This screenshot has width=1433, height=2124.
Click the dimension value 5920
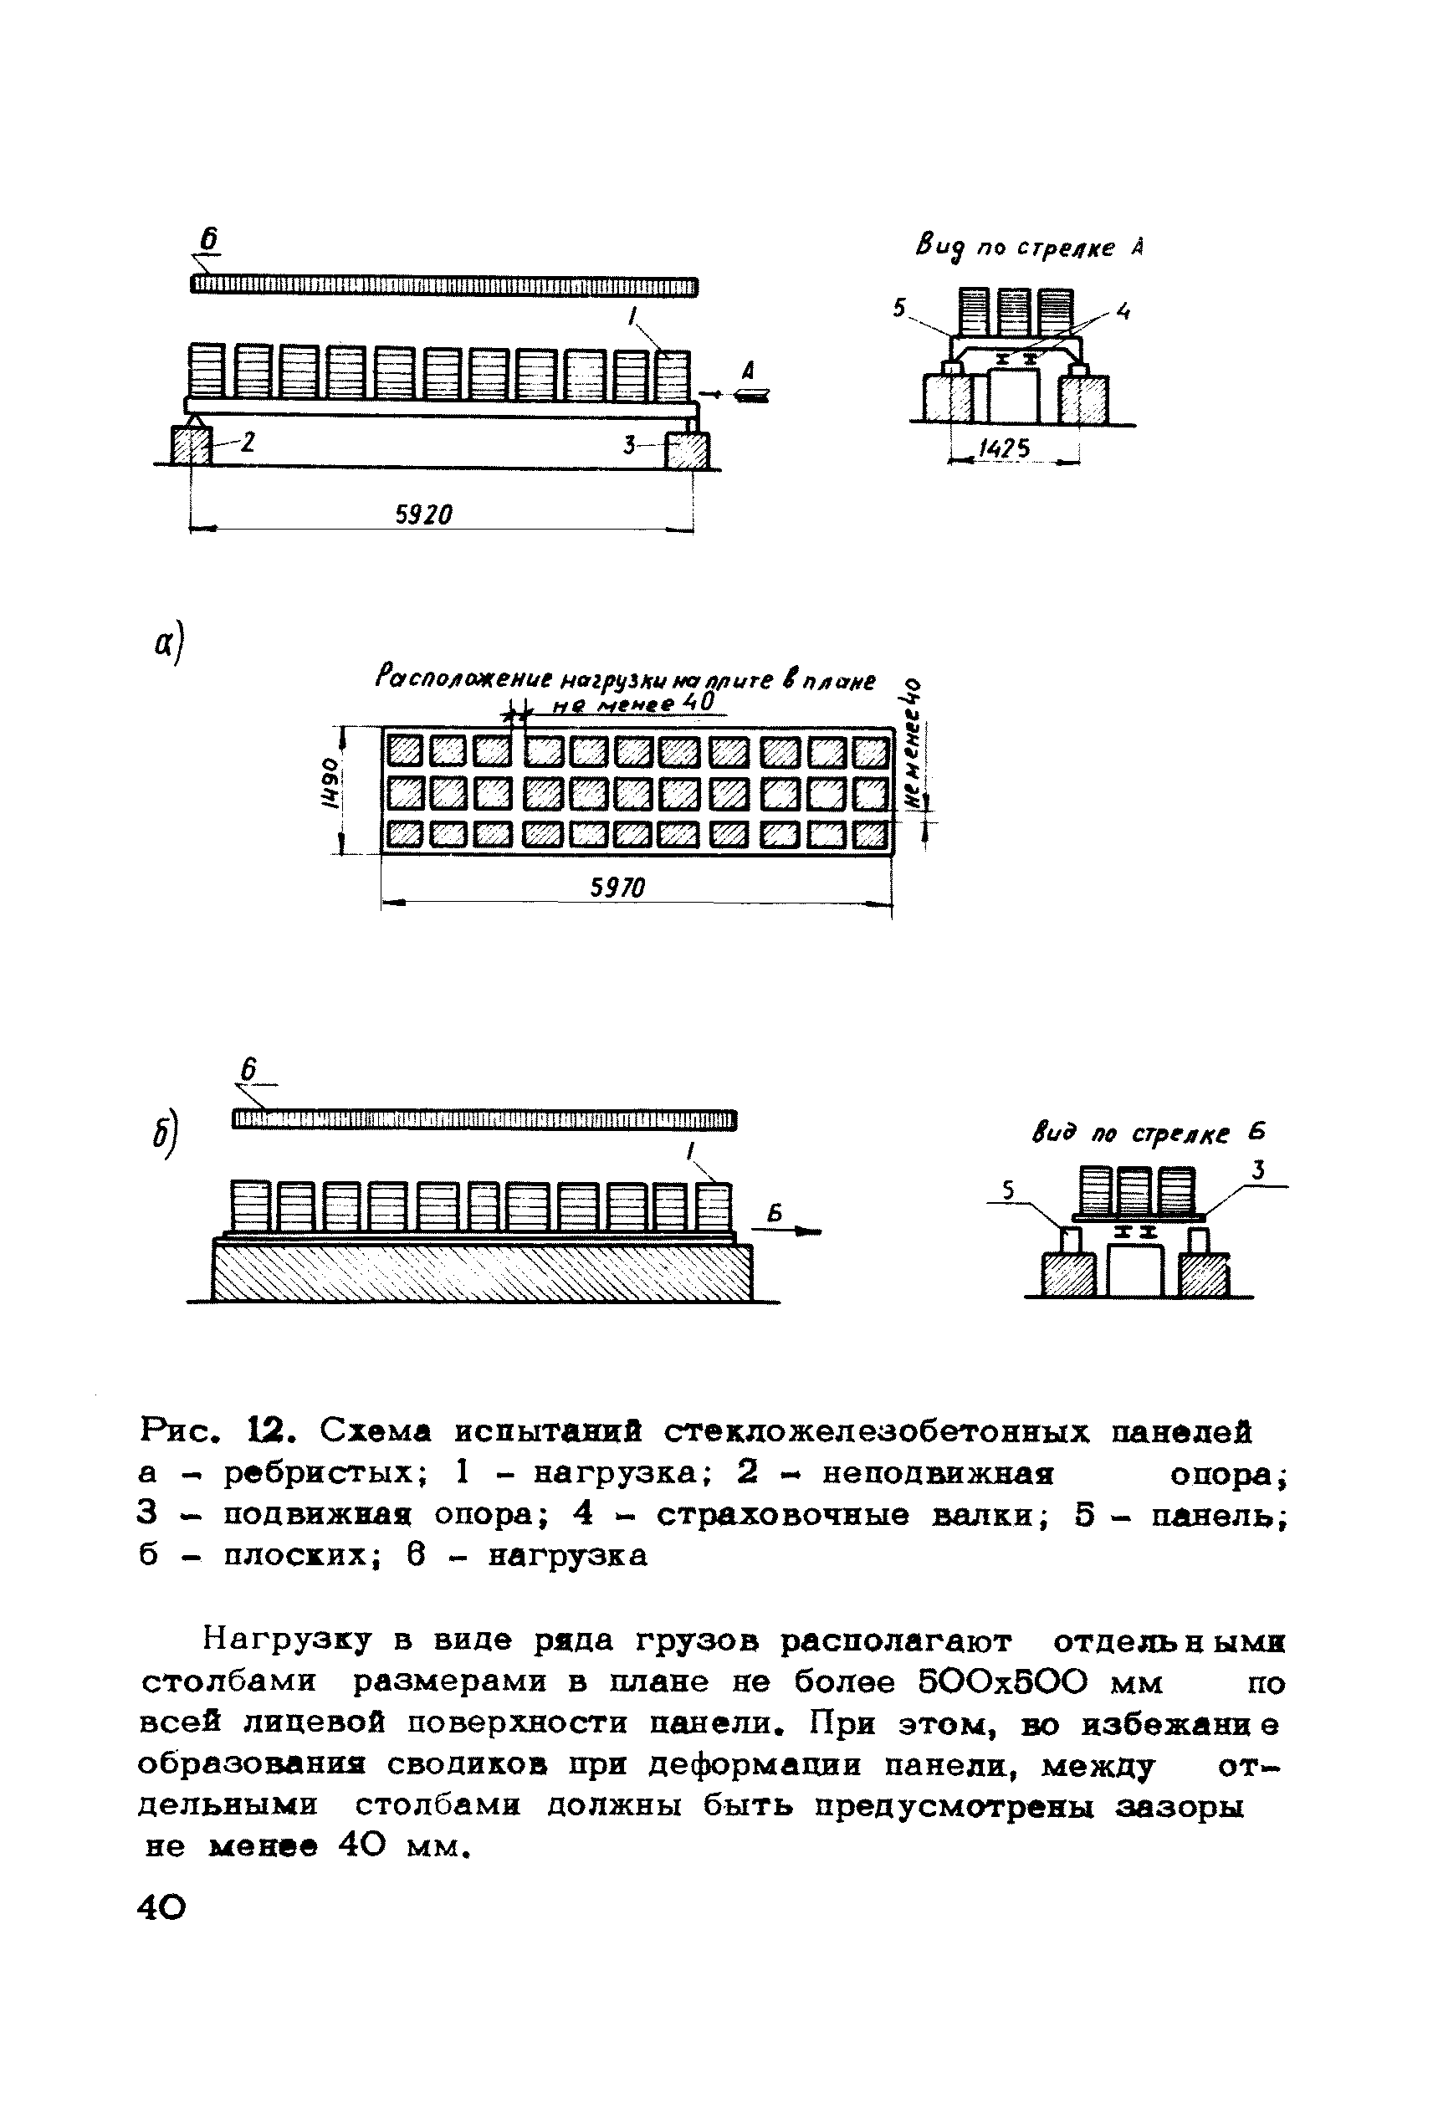423,515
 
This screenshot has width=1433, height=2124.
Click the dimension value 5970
618,888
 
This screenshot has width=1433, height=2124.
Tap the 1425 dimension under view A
1005,448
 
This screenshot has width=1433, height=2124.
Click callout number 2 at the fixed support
248,443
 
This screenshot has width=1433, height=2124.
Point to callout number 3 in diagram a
630,446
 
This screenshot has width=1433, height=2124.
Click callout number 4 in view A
1123,313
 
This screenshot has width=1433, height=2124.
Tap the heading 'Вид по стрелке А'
1029,248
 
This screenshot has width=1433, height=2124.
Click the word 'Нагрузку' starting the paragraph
288,1640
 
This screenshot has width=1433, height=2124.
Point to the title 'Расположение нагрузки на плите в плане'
625,680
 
